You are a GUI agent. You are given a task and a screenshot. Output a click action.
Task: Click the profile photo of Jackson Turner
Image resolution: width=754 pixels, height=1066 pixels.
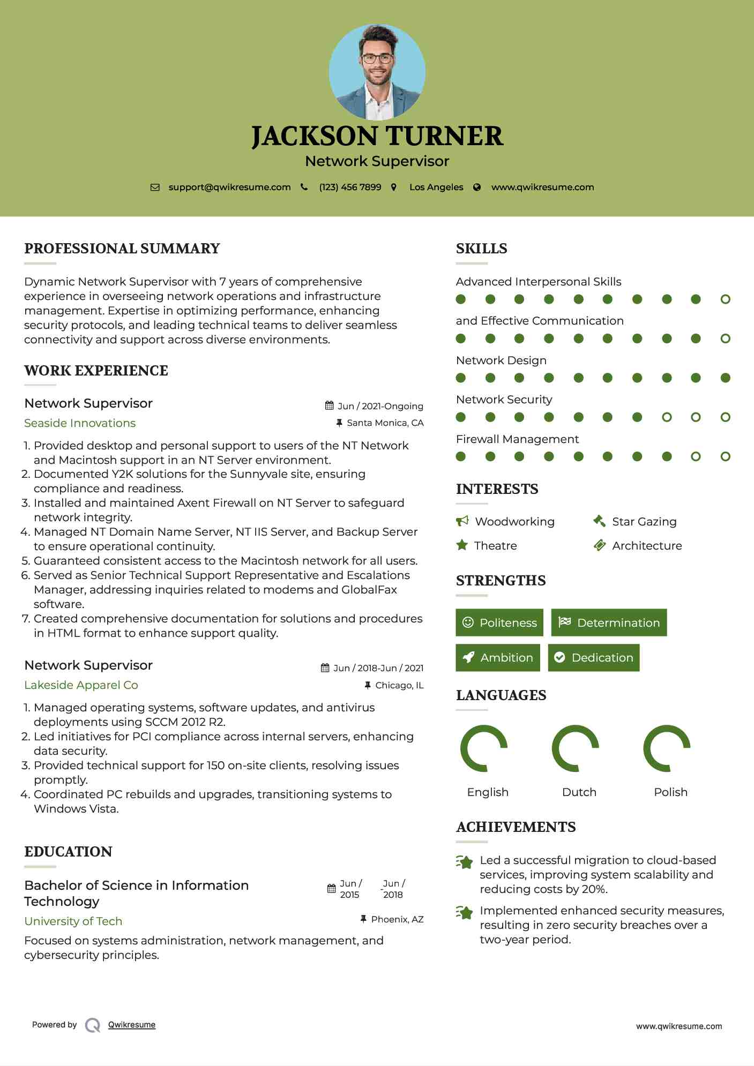[x=377, y=72]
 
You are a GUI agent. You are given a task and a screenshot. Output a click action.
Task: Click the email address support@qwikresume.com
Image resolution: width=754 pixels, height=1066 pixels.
[x=229, y=187]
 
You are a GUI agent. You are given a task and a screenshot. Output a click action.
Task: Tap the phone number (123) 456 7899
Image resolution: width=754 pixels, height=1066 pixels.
[x=350, y=187]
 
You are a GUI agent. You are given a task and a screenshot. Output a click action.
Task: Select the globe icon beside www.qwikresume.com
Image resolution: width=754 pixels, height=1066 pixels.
[x=477, y=187]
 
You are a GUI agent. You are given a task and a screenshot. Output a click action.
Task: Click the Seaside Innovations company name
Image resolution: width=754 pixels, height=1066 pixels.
[x=80, y=423]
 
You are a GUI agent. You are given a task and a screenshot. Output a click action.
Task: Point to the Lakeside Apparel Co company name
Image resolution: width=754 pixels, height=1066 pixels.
[x=81, y=685]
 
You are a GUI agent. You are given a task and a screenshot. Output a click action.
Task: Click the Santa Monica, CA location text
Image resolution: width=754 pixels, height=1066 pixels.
[x=385, y=423]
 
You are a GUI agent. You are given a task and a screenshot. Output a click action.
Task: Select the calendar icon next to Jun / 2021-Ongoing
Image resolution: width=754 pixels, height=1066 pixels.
[x=330, y=406]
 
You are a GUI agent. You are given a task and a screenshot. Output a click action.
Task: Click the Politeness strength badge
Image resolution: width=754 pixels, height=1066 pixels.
[x=499, y=622]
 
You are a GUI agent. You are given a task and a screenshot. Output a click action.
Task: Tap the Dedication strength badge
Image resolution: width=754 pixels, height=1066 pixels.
[x=594, y=657]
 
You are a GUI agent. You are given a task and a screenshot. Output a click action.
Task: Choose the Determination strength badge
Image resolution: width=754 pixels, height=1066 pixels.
[x=609, y=622]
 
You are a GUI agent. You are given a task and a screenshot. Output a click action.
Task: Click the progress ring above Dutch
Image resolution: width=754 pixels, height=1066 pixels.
[x=575, y=748]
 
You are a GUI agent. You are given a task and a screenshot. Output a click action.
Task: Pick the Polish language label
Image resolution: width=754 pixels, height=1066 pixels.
[x=670, y=792]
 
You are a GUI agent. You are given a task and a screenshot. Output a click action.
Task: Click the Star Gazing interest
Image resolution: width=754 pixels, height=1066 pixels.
[x=644, y=521]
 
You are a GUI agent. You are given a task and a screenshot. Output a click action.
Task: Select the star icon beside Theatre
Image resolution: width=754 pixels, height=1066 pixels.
[x=462, y=545]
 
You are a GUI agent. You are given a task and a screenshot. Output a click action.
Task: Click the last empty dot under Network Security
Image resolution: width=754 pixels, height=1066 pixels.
[x=725, y=417]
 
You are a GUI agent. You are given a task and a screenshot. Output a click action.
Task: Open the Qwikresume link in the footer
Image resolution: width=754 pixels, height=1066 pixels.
[x=132, y=1025]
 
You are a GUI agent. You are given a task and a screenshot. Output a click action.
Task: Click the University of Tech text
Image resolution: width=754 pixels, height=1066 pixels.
[x=73, y=921]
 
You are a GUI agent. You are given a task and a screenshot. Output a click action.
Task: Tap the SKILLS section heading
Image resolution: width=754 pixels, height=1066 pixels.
[x=481, y=249]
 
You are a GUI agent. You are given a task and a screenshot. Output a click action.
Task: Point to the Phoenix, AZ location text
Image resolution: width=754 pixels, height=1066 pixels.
[x=397, y=919]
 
